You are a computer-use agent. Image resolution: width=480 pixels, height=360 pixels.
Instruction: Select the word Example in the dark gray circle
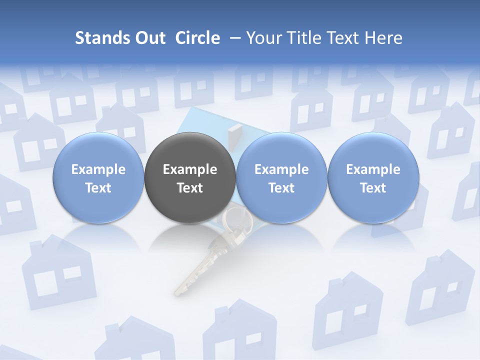pyautogui.click(x=190, y=169)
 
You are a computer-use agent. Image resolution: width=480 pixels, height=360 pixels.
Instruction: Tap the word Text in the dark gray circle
pyautogui.click(x=190, y=188)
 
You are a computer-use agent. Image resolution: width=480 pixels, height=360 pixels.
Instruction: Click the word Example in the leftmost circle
pyautogui.click(x=98, y=169)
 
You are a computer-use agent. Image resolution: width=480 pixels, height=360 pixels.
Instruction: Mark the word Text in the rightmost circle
pyautogui.click(x=373, y=188)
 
